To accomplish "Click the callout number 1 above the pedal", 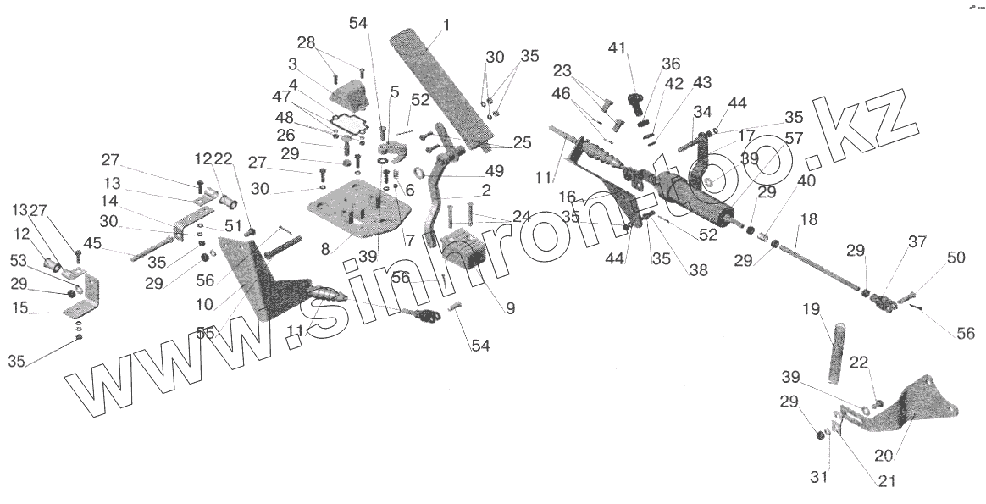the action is [x=446, y=25].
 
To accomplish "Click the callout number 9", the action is [x=509, y=309].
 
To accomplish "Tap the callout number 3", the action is [x=292, y=64].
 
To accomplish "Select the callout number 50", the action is [x=956, y=258].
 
